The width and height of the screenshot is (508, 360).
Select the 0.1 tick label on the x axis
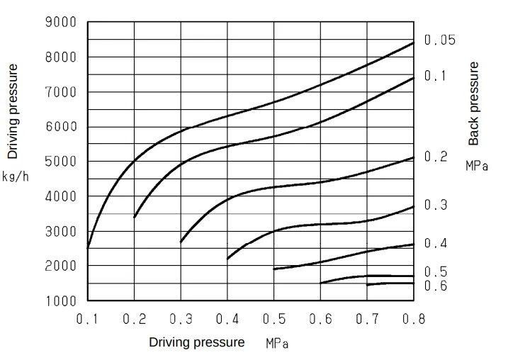pyautogui.click(x=88, y=320)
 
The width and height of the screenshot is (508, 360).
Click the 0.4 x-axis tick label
pyautogui.click(x=227, y=320)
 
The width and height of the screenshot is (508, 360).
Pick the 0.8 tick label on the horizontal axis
pyautogui.click(x=413, y=320)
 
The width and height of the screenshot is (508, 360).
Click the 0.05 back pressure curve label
pyautogui.click(x=440, y=40)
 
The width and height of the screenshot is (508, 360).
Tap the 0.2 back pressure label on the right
pyautogui.click(x=436, y=157)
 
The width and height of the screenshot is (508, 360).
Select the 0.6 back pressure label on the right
pyautogui.click(x=436, y=286)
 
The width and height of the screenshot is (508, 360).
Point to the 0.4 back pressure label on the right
pyautogui.click(x=436, y=243)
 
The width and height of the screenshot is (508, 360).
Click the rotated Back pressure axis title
pyautogui.click(x=474, y=103)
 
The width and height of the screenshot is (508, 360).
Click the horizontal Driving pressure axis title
pyautogui.click(x=196, y=342)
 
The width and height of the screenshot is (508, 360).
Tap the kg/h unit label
pyautogui.click(x=15, y=176)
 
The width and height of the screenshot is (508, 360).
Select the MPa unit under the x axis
pyautogui.click(x=277, y=344)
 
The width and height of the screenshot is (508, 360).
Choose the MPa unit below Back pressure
pyautogui.click(x=477, y=167)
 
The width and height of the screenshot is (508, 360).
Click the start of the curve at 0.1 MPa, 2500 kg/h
pyautogui.click(x=88, y=248)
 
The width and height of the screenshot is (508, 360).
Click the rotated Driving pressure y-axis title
pyautogui.click(x=13, y=111)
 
